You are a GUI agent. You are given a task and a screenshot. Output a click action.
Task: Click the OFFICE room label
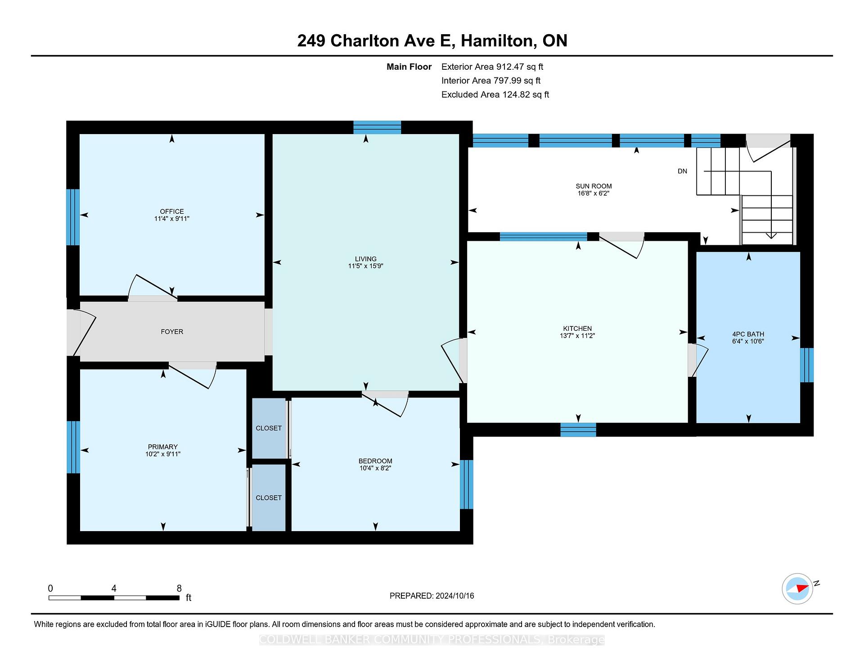point(172,212)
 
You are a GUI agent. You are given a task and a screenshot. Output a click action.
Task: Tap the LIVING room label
point(365,259)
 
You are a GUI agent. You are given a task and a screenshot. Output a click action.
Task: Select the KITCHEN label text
point(577,329)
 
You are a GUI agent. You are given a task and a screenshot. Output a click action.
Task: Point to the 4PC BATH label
point(748,334)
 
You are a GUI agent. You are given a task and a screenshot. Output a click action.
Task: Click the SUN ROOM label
point(594,186)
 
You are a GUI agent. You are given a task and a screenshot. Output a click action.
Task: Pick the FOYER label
point(172,332)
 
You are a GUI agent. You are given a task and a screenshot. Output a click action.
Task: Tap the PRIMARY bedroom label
point(163,447)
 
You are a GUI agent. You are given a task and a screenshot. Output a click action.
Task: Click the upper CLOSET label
point(269,428)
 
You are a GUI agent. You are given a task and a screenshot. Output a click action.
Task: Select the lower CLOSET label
point(269,498)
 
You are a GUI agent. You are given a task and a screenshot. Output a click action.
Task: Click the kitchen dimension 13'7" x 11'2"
point(577,336)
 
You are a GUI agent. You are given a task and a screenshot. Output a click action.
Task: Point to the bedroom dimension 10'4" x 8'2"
point(375,468)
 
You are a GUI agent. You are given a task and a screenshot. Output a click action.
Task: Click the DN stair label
point(682,171)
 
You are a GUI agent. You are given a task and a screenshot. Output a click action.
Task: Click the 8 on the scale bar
point(179,588)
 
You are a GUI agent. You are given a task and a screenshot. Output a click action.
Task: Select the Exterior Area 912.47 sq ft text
point(492,67)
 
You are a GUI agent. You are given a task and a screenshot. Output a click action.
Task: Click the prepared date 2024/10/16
point(455,596)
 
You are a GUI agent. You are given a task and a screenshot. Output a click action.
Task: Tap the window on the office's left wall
point(73,217)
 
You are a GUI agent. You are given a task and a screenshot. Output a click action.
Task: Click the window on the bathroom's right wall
point(807,365)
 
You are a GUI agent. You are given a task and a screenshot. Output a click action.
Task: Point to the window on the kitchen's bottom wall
point(578,430)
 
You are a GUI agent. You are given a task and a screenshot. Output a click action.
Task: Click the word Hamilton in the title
point(497,41)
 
